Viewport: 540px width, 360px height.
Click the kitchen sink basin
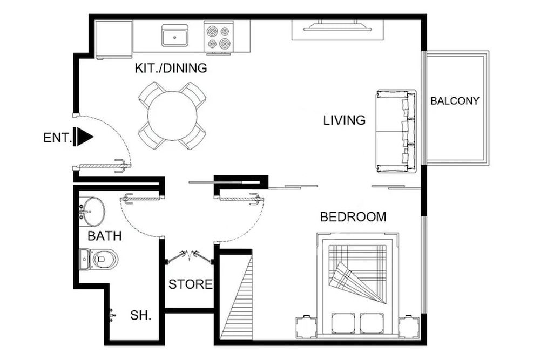click(x=174, y=37)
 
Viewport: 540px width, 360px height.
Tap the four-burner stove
click(x=218, y=37)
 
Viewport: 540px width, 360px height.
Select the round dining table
click(x=172, y=116)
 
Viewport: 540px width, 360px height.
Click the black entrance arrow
click(x=84, y=137)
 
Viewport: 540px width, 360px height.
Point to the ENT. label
click(x=57, y=138)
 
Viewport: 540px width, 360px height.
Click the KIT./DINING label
click(x=171, y=69)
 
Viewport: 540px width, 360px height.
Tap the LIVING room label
click(x=345, y=120)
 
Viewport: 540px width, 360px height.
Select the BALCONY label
click(x=455, y=100)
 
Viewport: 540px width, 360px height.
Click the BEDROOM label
click(x=353, y=217)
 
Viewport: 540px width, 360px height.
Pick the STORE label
click(x=190, y=284)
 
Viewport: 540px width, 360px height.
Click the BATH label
click(x=104, y=236)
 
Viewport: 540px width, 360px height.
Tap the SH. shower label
click(x=140, y=316)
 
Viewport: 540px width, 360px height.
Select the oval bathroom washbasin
click(x=92, y=211)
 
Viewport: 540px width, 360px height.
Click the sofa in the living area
click(x=396, y=131)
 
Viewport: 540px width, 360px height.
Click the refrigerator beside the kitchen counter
click(x=114, y=39)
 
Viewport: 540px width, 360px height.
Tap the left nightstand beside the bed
click(x=306, y=327)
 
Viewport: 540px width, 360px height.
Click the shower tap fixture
click(x=111, y=315)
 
